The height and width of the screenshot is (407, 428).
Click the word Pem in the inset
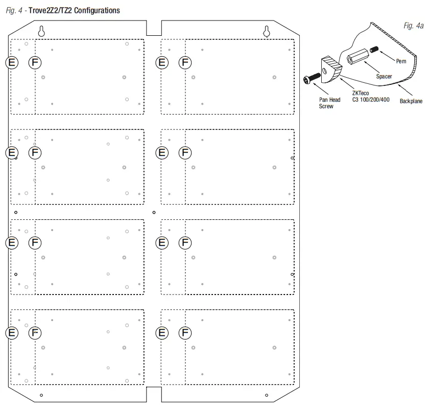click(400, 60)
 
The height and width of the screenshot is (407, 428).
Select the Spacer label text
click(384, 76)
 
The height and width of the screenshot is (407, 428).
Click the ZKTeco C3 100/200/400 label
click(370, 96)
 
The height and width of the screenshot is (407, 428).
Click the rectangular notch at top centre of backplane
click(154, 28)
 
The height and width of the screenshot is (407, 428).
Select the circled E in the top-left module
click(12, 62)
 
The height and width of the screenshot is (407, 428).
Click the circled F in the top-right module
click(185, 62)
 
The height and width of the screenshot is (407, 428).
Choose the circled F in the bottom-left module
click(35, 333)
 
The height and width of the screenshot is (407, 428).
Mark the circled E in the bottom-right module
click(162, 333)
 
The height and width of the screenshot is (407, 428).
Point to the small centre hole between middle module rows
click(154, 212)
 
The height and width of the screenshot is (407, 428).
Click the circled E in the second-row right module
click(162, 152)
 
